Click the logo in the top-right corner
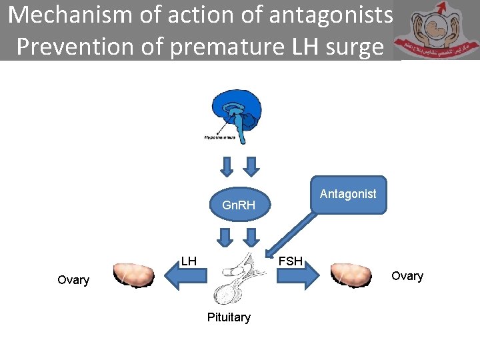tap(435, 32)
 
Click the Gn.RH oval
tap(239, 205)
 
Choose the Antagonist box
tap(348, 194)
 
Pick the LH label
tap(189, 261)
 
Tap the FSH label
tap(290, 261)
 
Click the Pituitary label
tap(229, 317)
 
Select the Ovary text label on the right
tap(407, 276)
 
